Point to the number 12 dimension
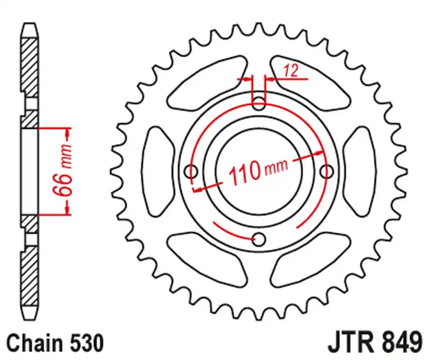(291, 71)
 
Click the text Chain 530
(55, 343)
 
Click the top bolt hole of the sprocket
(259, 102)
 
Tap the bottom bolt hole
(259, 239)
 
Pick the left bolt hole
(192, 171)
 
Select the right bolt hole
(327, 171)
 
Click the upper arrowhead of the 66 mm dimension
(67, 133)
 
